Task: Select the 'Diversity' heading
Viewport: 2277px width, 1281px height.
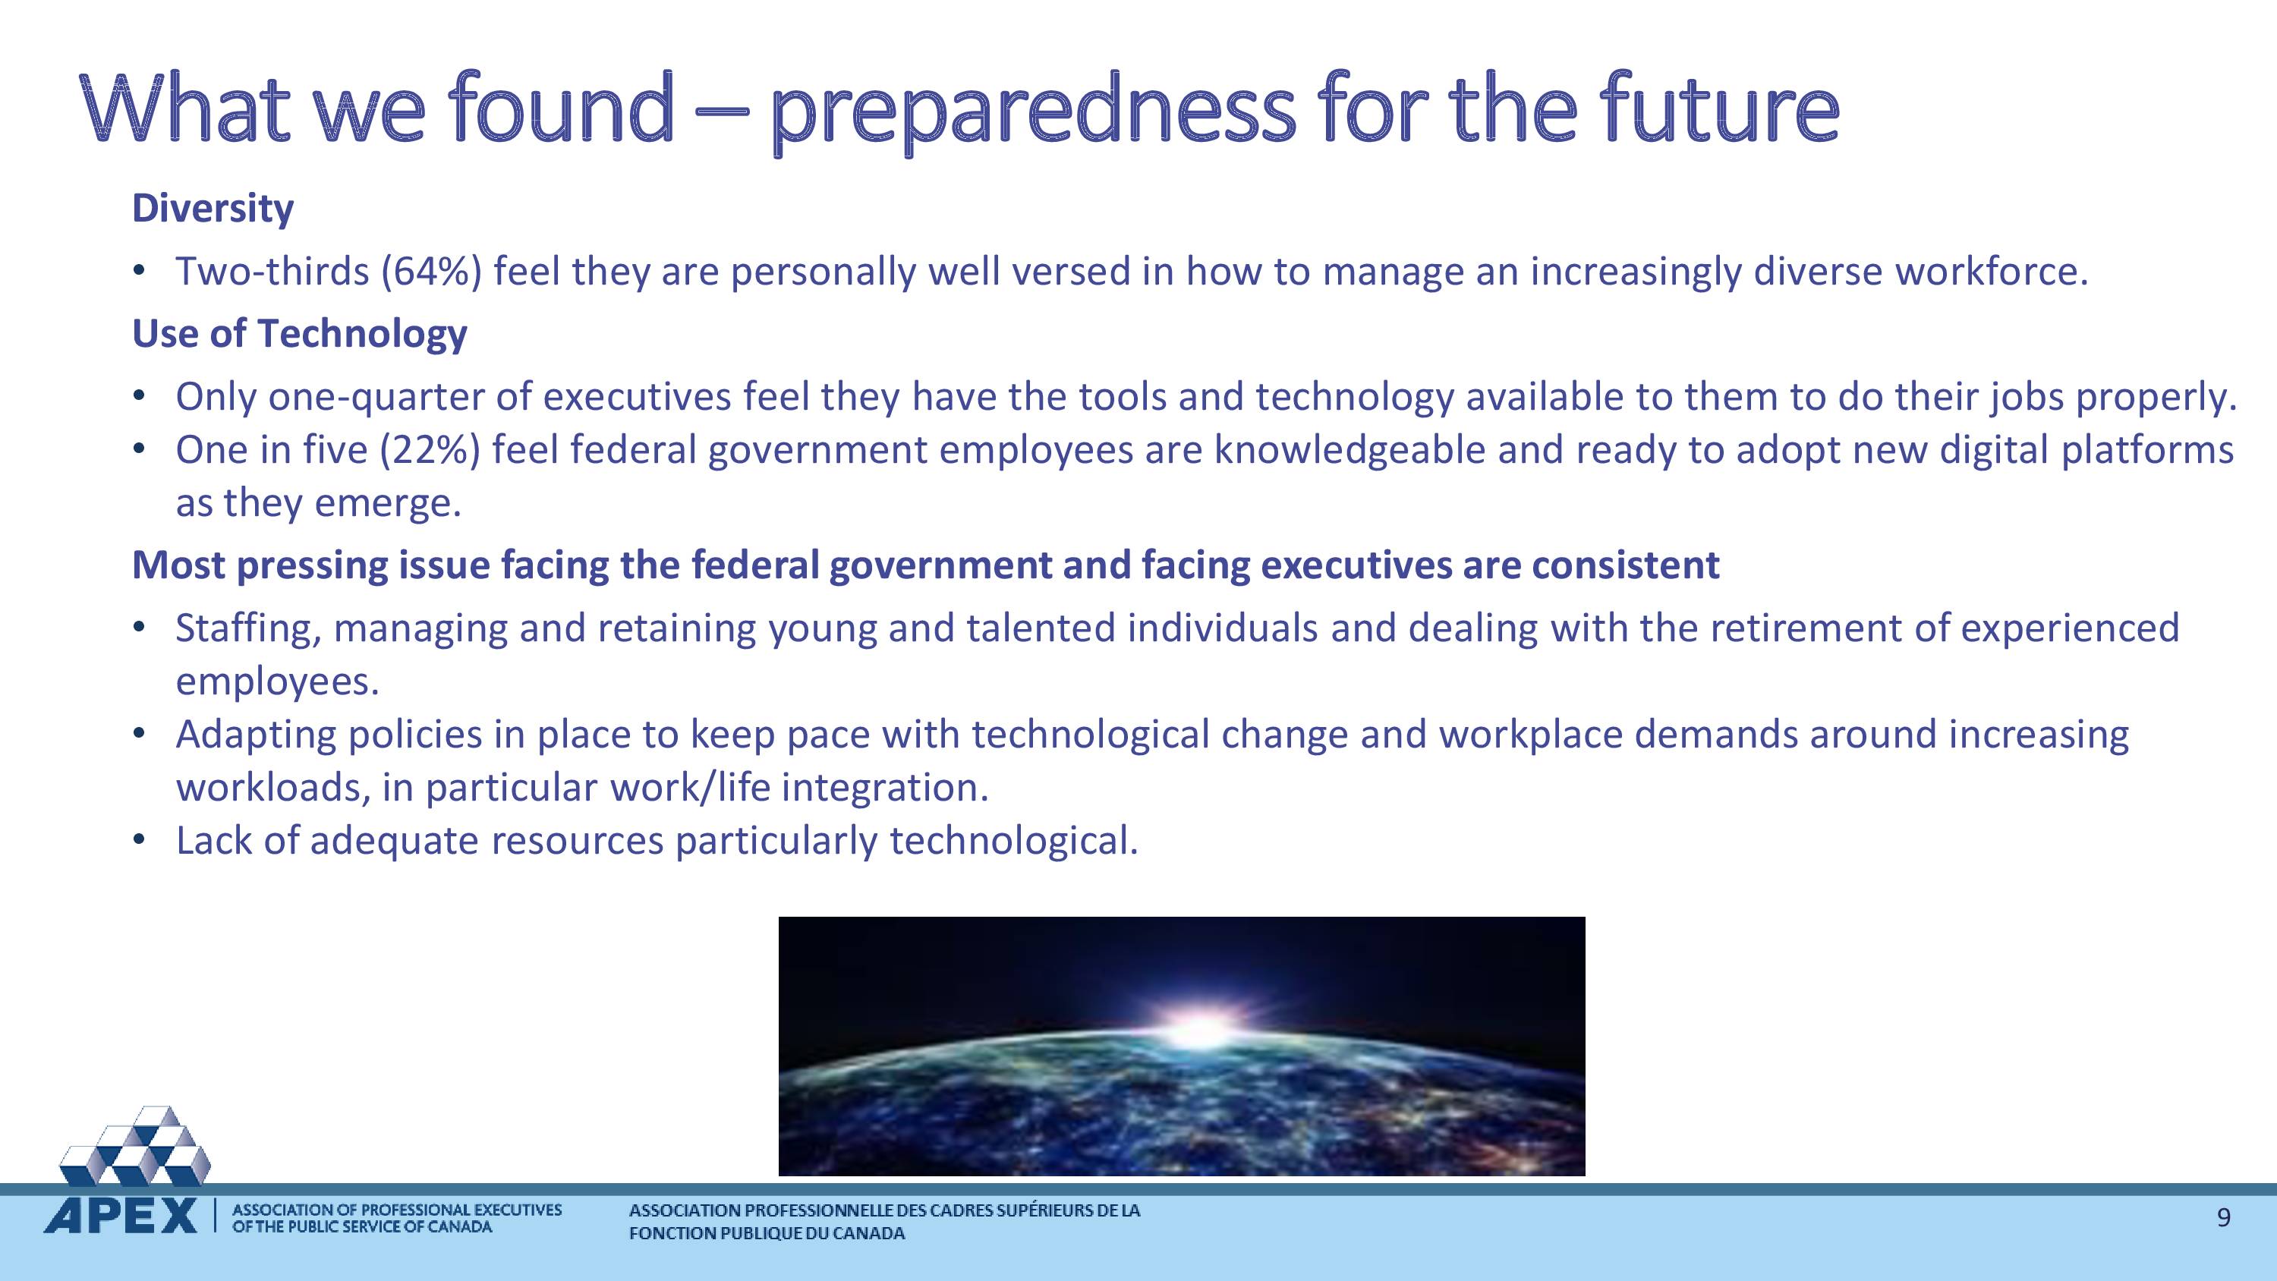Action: point(213,209)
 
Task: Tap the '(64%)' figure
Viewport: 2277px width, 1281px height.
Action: point(431,272)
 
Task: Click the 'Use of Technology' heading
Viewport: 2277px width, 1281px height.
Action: point(300,334)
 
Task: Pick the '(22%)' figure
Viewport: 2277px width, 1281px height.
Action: point(430,450)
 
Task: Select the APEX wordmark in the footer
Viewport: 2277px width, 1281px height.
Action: point(121,1216)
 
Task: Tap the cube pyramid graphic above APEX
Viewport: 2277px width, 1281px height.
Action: point(135,1146)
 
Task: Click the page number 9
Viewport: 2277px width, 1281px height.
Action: point(2224,1218)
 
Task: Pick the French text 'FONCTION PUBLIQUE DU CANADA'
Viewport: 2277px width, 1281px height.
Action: point(767,1234)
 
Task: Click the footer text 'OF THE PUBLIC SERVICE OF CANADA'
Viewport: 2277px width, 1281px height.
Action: point(361,1227)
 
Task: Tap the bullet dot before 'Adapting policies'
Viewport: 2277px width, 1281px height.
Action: point(138,734)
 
